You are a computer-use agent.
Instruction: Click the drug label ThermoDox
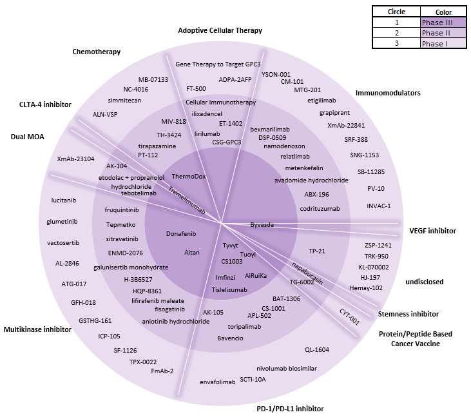(x=189, y=177)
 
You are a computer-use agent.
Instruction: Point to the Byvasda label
(x=262, y=225)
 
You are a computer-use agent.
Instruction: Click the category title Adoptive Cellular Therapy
(x=220, y=30)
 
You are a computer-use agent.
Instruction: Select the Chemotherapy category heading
(x=97, y=52)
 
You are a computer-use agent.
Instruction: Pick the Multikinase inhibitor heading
(x=37, y=329)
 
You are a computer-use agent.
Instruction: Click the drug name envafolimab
(x=217, y=382)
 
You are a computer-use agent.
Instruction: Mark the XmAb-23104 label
(x=75, y=159)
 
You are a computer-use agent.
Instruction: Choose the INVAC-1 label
(x=379, y=206)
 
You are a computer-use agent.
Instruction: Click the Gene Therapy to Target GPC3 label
(x=218, y=64)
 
